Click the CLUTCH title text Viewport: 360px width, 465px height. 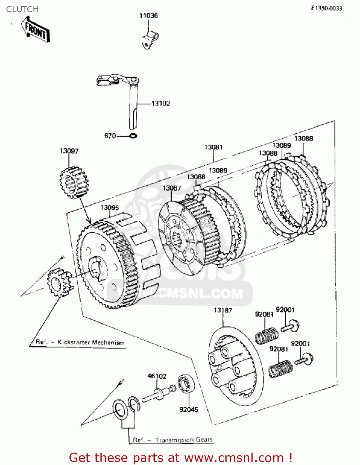click(22, 9)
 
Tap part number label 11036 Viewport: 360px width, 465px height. click(148, 15)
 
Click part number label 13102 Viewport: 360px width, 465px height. click(161, 104)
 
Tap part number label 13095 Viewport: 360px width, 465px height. click(109, 207)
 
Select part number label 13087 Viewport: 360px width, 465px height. click(171, 188)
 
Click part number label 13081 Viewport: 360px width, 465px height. click(213, 147)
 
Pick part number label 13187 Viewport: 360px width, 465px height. click(223, 310)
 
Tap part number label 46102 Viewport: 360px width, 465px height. click(157, 376)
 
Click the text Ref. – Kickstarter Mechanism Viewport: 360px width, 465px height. click(80, 342)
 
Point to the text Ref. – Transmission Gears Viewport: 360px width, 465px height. click(172, 440)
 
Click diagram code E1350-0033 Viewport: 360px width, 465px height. click(326, 8)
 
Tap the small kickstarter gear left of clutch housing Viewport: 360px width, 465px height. click(59, 282)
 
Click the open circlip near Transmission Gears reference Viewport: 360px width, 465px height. click(134, 404)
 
